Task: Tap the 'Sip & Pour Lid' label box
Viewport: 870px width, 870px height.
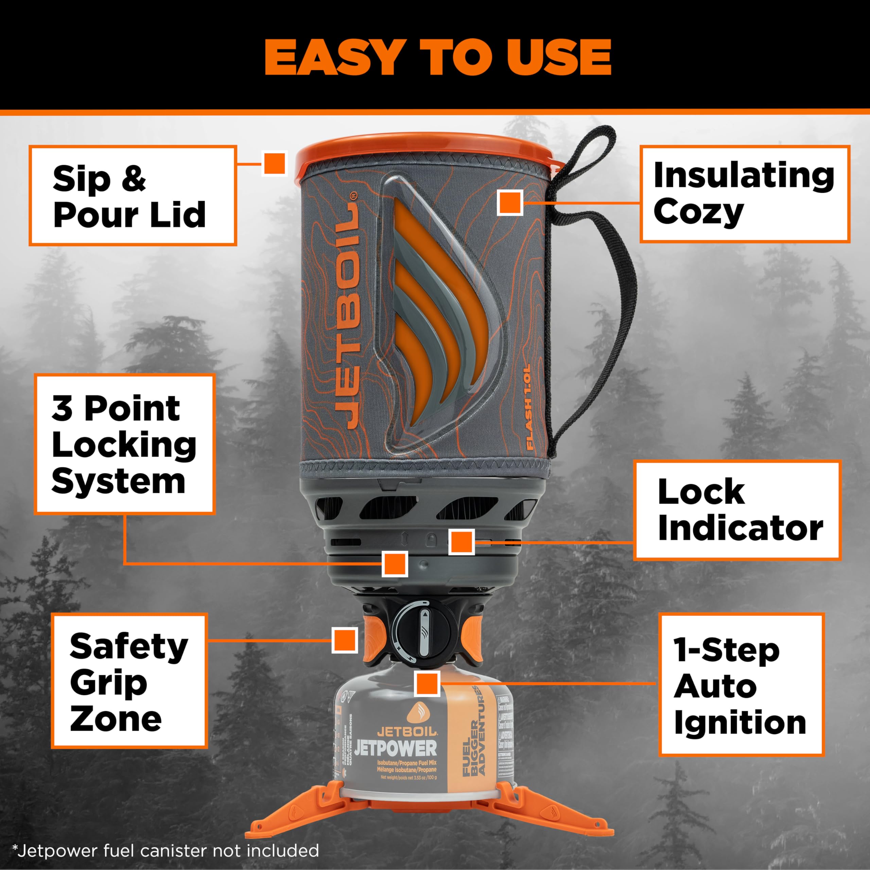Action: pos(133,195)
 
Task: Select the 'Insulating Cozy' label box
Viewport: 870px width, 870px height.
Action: pos(744,194)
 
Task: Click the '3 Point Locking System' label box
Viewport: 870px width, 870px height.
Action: pos(124,444)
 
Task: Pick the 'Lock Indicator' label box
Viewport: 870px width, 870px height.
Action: pos(737,510)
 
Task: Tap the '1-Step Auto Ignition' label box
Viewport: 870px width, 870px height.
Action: pos(741,684)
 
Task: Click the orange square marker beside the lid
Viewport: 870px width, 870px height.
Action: pos(274,163)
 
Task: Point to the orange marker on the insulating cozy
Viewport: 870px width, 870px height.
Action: pos(510,203)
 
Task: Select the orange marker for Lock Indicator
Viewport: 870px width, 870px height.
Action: pos(462,542)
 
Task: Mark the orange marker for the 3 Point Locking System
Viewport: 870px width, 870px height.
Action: pos(395,563)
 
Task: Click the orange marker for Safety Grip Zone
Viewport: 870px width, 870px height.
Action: pos(345,640)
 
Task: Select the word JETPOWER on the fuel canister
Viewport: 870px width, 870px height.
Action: pos(395,748)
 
